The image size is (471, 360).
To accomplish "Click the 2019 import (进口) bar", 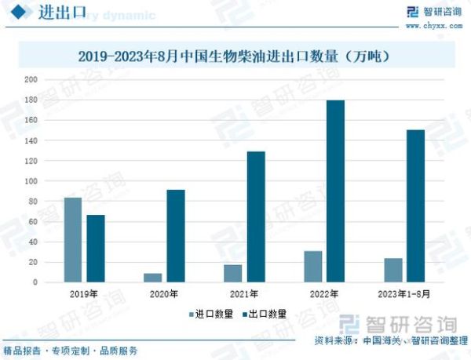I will tap(73, 239).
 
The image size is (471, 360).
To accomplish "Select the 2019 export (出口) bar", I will tap(96, 248).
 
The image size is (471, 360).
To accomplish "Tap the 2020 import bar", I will tap(153, 278).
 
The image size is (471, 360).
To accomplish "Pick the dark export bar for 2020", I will tap(176, 235).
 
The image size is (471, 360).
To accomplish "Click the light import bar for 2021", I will tap(233, 273).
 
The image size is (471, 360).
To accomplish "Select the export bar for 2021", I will tap(256, 216).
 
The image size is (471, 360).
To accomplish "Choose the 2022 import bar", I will tap(312, 267).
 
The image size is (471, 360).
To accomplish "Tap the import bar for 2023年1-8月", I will tap(393, 270).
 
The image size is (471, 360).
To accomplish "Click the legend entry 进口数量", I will tap(210, 313).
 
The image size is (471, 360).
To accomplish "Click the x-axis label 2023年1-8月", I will tap(404, 294).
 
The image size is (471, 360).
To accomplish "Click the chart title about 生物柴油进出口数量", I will tap(235, 56).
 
